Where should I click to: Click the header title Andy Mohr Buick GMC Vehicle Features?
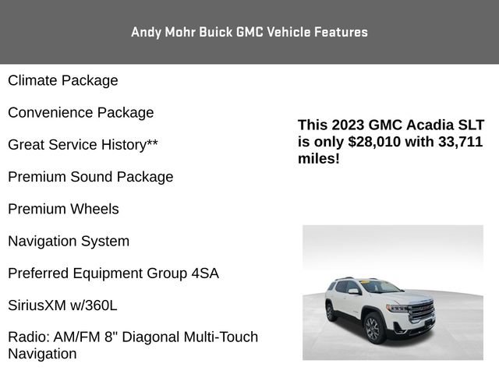pos(249,32)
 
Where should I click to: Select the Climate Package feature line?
pos(63,80)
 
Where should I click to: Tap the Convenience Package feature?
pos(81,112)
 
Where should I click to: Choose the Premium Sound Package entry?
pos(90,177)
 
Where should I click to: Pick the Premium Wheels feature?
pos(63,209)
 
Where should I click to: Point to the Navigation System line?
pos(69,241)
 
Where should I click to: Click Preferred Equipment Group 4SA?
pos(113,273)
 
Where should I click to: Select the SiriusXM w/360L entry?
pos(62,305)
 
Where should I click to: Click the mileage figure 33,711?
pos(457,142)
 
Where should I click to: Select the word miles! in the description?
pos(319,159)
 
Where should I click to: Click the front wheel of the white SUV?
pos(373,328)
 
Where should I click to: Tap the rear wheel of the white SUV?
pos(331,312)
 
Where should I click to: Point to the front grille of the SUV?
pos(422,309)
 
